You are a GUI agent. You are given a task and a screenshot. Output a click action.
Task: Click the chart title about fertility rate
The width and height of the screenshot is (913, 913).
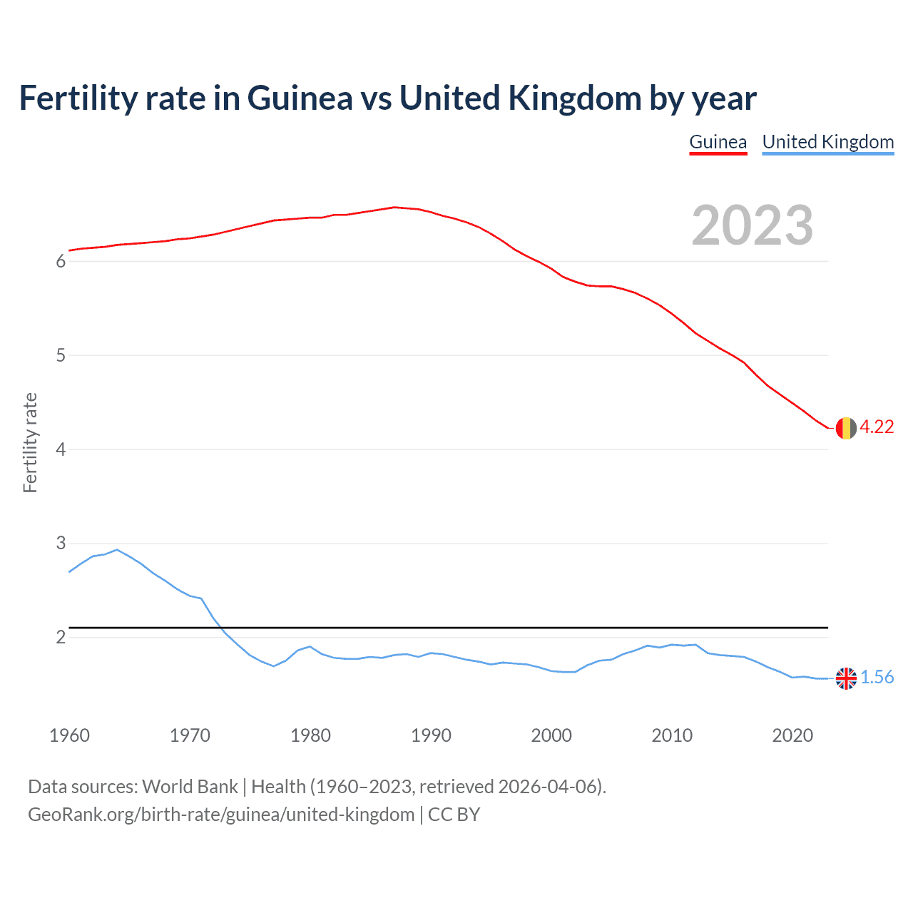tap(387, 98)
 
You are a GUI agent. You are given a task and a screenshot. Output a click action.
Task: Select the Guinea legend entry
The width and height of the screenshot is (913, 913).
tap(718, 142)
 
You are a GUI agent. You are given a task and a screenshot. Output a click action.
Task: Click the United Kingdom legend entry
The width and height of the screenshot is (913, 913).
tap(827, 142)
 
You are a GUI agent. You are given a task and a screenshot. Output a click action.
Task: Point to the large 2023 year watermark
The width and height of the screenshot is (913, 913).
tap(752, 225)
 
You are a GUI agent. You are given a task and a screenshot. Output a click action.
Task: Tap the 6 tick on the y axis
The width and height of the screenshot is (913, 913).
tap(61, 262)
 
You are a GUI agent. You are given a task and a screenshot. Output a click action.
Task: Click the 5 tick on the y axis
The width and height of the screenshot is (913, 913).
tap(61, 355)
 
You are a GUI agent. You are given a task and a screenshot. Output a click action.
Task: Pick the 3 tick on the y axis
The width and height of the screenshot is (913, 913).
tap(61, 544)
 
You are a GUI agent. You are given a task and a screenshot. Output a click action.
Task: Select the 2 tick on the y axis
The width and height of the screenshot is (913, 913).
tap(61, 637)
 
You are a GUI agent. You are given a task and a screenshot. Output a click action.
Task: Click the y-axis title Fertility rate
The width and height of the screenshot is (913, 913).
tap(30, 442)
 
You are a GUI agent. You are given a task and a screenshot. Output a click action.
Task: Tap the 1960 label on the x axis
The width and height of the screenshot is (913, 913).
tap(69, 735)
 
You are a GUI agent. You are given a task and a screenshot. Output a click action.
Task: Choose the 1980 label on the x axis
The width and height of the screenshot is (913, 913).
tap(310, 735)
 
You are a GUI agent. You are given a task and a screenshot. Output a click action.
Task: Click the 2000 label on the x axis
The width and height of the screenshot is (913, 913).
tap(551, 735)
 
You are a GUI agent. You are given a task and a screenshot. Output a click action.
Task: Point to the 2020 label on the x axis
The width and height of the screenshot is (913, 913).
tap(792, 735)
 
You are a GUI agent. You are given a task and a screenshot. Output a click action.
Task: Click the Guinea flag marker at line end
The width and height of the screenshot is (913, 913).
tap(845, 428)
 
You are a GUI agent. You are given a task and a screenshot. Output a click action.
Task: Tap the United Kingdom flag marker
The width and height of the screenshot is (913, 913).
tap(845, 678)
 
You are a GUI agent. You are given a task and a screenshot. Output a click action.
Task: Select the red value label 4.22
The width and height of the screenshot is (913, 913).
tap(877, 427)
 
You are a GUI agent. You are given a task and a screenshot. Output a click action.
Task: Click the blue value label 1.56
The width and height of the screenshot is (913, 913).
tap(877, 677)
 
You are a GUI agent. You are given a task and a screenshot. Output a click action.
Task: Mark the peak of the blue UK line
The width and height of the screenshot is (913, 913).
tap(117, 550)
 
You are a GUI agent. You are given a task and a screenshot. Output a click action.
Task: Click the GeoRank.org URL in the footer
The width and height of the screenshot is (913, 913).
tap(221, 815)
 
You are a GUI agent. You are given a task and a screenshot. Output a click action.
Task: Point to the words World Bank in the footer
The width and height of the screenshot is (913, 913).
tap(190, 787)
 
